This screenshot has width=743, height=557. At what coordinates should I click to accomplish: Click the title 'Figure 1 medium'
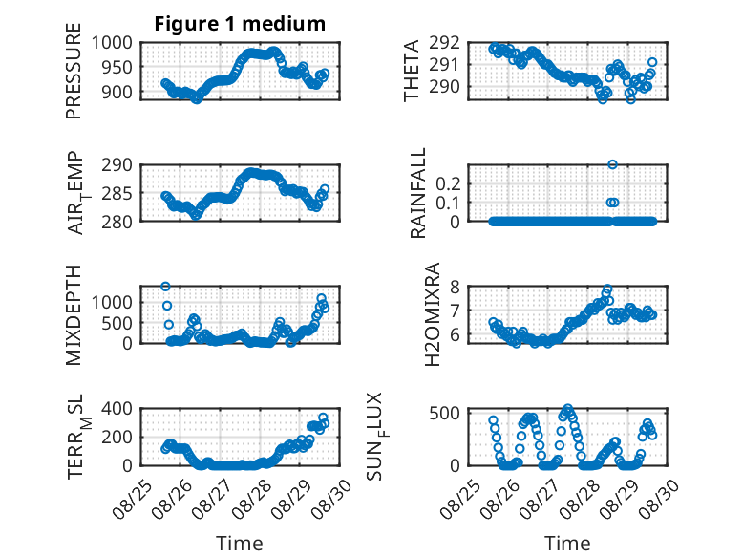(x=240, y=24)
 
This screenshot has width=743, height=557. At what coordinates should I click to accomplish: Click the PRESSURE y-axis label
(x=74, y=71)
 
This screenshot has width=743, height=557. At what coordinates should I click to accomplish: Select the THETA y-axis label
(x=412, y=71)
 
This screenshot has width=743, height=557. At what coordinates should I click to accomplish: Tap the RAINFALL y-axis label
(x=417, y=193)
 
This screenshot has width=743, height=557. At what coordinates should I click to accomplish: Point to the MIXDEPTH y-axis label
(x=74, y=315)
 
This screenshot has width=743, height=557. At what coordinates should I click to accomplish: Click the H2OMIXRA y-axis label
(x=433, y=314)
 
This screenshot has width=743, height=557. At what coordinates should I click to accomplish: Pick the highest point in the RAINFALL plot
(x=612, y=164)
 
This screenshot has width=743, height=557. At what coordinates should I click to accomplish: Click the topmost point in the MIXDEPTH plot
(x=165, y=286)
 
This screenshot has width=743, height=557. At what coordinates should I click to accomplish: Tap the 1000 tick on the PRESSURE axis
(x=112, y=43)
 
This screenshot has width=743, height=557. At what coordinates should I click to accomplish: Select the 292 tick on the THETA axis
(x=444, y=43)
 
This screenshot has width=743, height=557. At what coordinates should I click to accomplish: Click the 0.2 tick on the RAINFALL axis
(x=448, y=183)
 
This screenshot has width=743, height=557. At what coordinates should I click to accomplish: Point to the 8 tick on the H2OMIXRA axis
(x=456, y=287)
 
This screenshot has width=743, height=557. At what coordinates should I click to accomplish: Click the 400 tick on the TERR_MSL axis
(x=117, y=408)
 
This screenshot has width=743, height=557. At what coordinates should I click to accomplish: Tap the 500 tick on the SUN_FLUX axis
(x=444, y=413)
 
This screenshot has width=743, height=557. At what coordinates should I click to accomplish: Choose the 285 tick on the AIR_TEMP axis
(x=117, y=193)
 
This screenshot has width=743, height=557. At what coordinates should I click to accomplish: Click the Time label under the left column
(x=240, y=543)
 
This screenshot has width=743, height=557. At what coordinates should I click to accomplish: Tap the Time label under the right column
(x=567, y=543)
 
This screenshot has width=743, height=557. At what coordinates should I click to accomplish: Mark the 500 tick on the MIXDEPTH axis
(x=117, y=323)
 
